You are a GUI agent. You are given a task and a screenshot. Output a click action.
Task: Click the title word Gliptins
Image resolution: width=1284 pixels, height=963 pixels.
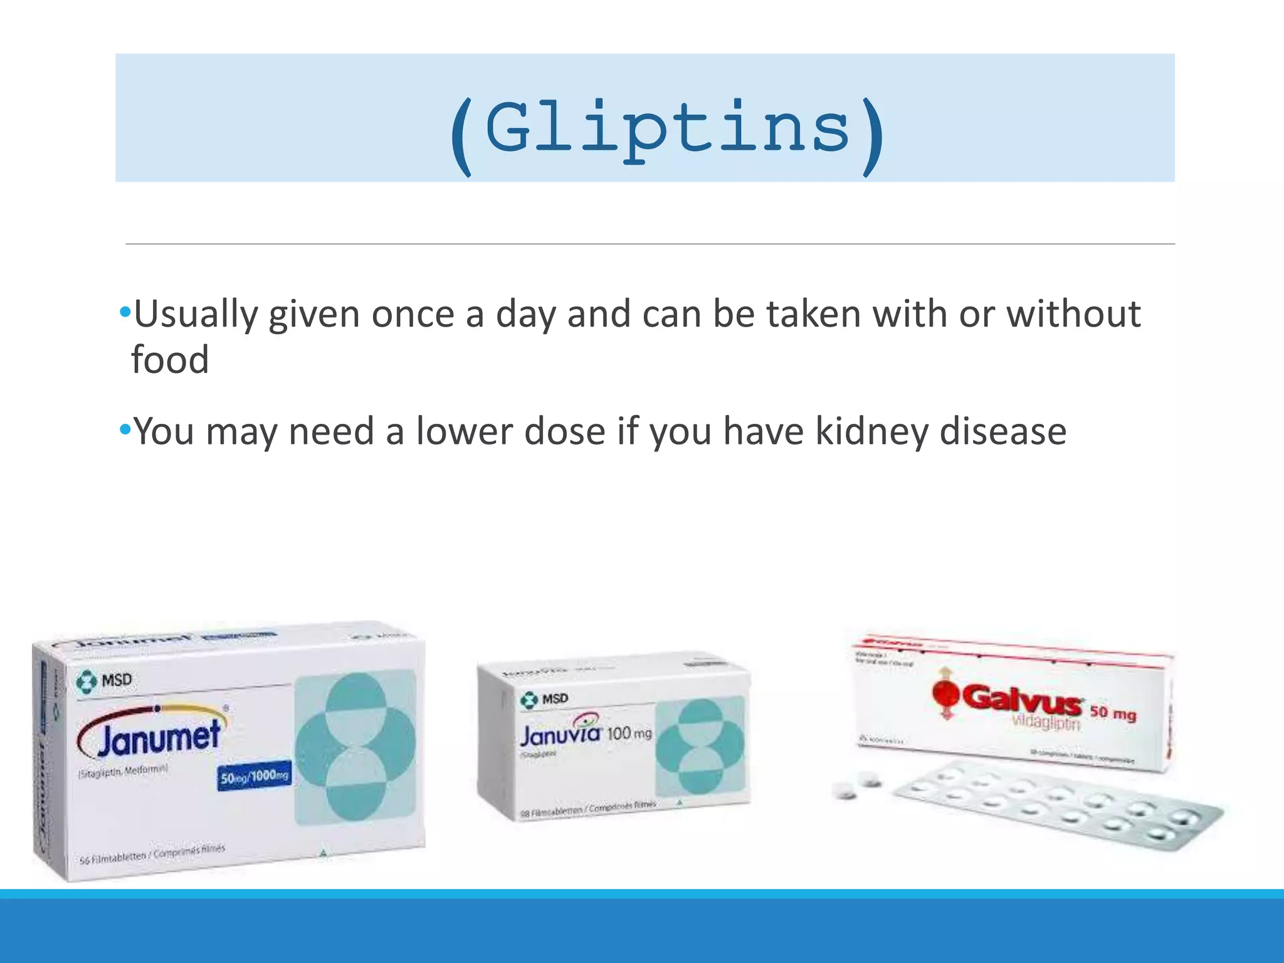pos(668,129)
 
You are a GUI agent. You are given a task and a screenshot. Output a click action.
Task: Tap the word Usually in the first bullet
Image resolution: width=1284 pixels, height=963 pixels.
pos(196,314)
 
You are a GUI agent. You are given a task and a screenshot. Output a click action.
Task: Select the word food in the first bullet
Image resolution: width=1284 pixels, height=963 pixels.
pos(170,360)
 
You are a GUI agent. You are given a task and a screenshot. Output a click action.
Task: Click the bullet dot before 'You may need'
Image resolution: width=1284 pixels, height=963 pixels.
pos(125,429)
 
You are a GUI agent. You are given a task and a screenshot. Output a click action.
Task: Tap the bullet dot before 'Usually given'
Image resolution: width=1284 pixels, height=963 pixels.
pos(125,312)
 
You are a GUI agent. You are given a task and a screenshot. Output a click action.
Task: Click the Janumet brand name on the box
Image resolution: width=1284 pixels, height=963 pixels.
pos(158,739)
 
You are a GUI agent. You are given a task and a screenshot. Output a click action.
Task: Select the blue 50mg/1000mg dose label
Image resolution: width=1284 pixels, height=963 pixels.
pos(254,777)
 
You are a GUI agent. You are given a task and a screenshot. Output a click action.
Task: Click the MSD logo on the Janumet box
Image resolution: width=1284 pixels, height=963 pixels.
pos(104,680)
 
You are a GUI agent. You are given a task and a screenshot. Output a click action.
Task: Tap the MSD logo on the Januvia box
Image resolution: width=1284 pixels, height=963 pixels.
pos(544,698)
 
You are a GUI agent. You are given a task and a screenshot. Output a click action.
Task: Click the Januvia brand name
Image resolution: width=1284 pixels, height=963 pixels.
pos(560,734)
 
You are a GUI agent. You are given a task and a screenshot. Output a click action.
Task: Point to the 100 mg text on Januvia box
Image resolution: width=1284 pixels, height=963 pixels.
pos(629,733)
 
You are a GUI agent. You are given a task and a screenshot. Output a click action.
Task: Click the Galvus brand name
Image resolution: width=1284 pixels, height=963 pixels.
pos(1021,698)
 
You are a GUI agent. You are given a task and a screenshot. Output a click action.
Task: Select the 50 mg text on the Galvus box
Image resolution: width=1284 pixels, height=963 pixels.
pos(1113,713)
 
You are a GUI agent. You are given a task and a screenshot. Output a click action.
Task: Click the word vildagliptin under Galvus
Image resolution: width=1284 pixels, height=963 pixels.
pos(1046,723)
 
